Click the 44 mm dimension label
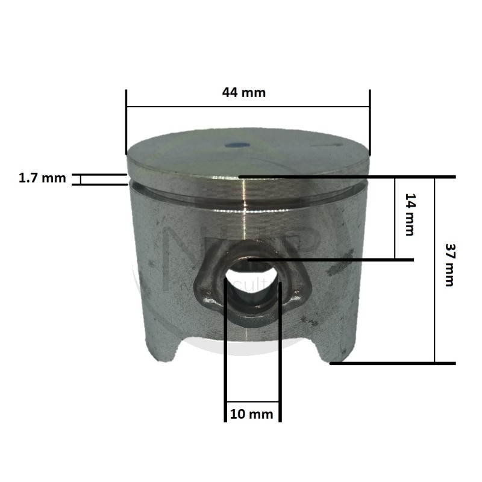pos(243,93)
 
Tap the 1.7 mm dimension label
pos(42,178)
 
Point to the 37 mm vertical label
pos(449,264)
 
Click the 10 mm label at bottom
pos(252,414)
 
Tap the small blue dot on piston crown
pos(236,145)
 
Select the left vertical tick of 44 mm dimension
pos(127,120)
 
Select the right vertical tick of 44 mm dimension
pos(369,120)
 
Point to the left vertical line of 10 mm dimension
pos(225,349)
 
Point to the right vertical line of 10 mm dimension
pos(280,349)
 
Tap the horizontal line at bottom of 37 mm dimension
pos(392,363)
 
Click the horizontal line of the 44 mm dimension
pos(248,107)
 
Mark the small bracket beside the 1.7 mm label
pos(77,179)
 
